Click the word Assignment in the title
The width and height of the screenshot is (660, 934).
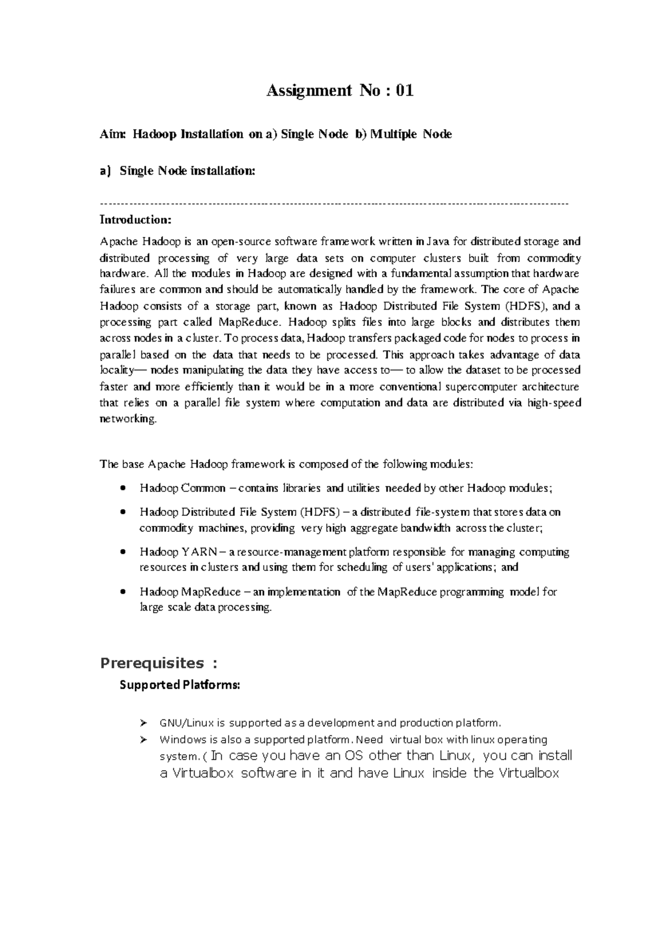point(309,91)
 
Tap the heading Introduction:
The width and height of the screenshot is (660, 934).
point(135,220)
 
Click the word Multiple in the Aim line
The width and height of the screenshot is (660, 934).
point(393,134)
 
